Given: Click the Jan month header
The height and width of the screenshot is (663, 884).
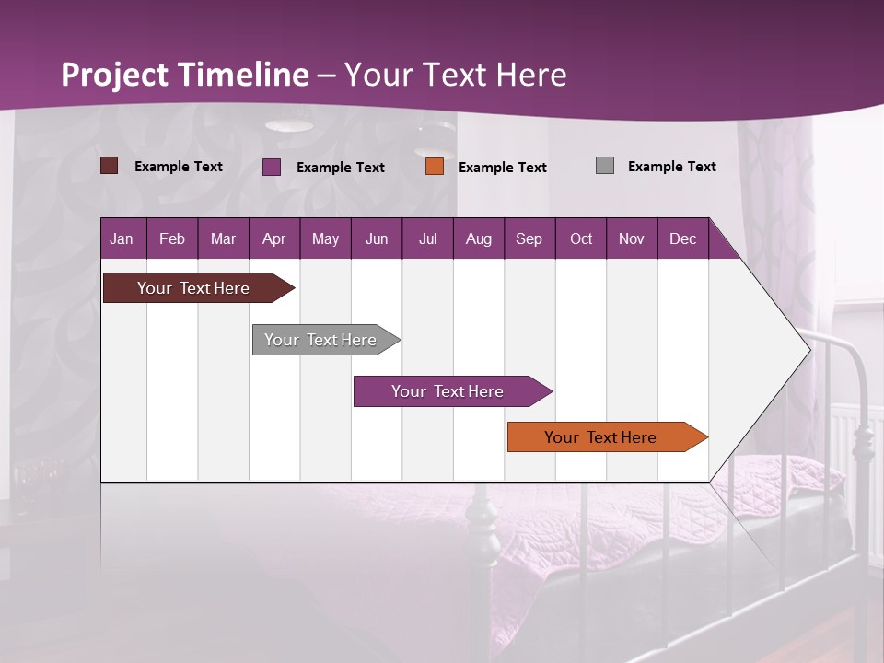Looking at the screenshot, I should coord(122,238).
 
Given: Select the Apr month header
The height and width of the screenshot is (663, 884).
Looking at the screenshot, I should coord(273,238).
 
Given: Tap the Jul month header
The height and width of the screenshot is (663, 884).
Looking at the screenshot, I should coord(427,238).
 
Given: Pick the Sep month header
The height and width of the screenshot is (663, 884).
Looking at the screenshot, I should coord(529,238).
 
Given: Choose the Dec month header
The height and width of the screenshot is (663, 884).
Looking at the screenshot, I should coord(682,238).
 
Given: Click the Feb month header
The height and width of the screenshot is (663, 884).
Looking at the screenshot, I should coord(172,238).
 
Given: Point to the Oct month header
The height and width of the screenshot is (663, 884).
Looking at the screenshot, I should coord(581,238).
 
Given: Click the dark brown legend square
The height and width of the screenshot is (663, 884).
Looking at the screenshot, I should coord(110,166).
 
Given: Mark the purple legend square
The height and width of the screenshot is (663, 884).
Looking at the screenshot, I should coord(272,167).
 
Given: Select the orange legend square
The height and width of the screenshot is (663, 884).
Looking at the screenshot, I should coord(435,167).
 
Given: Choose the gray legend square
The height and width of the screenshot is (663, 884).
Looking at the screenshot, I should coord(605,166).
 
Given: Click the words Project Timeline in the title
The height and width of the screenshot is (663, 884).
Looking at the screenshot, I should coord(185,75).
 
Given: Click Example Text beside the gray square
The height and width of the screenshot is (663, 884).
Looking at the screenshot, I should coord(671,167).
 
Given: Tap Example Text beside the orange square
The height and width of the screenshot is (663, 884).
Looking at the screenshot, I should coord(502,168).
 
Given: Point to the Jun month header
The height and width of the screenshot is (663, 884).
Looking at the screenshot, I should coord(377,238).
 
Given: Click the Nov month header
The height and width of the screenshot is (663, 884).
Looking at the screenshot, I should coord(632,238).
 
